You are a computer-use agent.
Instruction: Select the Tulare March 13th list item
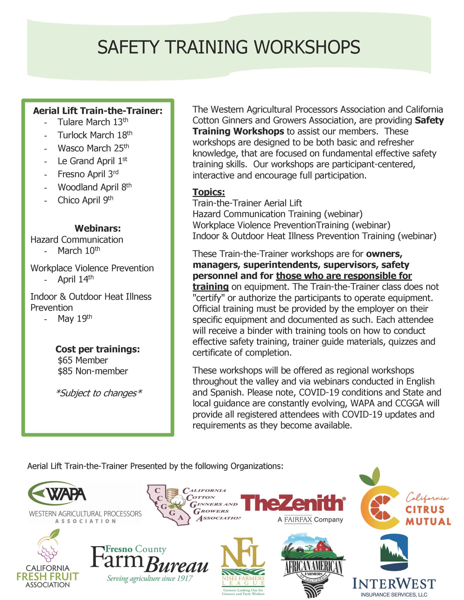point(93,122)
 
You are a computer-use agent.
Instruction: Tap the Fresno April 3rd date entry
point(88,174)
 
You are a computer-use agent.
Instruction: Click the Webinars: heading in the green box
point(98,228)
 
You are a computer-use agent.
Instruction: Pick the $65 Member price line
point(83,360)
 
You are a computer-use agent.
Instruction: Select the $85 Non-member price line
point(93,371)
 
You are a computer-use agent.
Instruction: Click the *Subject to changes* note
point(99,393)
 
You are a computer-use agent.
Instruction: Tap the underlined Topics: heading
point(209,192)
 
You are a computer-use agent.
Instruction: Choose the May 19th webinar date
point(75,319)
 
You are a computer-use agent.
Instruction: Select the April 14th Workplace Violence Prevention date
point(75,279)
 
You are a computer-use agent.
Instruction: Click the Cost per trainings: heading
point(98,349)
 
